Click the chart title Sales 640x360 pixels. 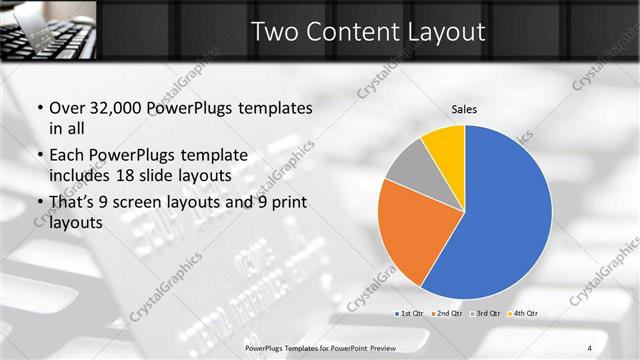coord(463,108)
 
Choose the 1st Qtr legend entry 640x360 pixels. coord(410,314)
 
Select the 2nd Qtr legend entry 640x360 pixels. coord(446,314)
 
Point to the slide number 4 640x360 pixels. coord(589,347)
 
